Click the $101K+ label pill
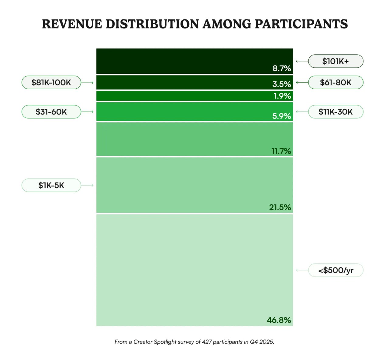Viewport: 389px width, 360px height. [x=336, y=61]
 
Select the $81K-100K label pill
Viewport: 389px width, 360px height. [x=51, y=82]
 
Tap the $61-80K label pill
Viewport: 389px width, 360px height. [x=336, y=82]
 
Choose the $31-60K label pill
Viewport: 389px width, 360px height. [x=51, y=112]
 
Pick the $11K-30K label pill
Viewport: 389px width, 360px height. [x=336, y=112]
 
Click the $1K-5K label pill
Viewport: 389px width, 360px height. [x=51, y=185]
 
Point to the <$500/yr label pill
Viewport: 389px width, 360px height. [x=336, y=270]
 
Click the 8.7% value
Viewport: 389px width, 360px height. [x=281, y=68]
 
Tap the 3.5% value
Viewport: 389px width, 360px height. [x=281, y=84]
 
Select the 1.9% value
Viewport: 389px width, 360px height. [x=282, y=96]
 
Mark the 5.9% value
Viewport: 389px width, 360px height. [x=281, y=116]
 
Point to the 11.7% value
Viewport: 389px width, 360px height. [x=281, y=151]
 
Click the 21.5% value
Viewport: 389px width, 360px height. [x=280, y=207]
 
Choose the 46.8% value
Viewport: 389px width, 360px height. [x=279, y=320]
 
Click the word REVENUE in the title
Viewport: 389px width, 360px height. [x=72, y=24]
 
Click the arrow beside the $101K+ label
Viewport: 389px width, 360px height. [x=302, y=61]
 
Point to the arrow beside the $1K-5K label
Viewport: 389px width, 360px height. [x=88, y=185]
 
